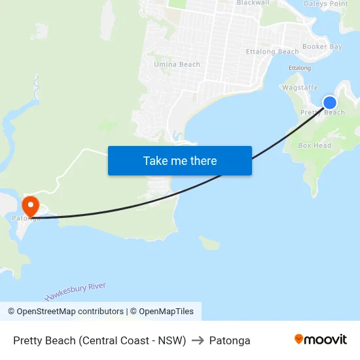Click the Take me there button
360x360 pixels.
(180, 160)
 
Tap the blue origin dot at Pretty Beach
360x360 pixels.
(330, 103)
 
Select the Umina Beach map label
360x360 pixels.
(177, 64)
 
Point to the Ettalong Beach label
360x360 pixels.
(272, 52)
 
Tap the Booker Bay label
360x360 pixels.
(322, 47)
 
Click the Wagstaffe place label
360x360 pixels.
(300, 87)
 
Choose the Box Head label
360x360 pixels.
(315, 145)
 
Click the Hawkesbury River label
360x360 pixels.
(75, 291)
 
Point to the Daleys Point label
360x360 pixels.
(327, 4)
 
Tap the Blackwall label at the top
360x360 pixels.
(253, 3)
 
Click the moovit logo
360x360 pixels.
(321, 340)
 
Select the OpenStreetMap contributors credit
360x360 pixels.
(66, 312)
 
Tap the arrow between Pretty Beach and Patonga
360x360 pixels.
(198, 340)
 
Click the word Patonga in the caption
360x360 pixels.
(230, 340)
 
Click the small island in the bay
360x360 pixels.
(209, 243)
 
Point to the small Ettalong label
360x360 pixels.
(300, 68)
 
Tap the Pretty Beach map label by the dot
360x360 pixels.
(323, 113)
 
